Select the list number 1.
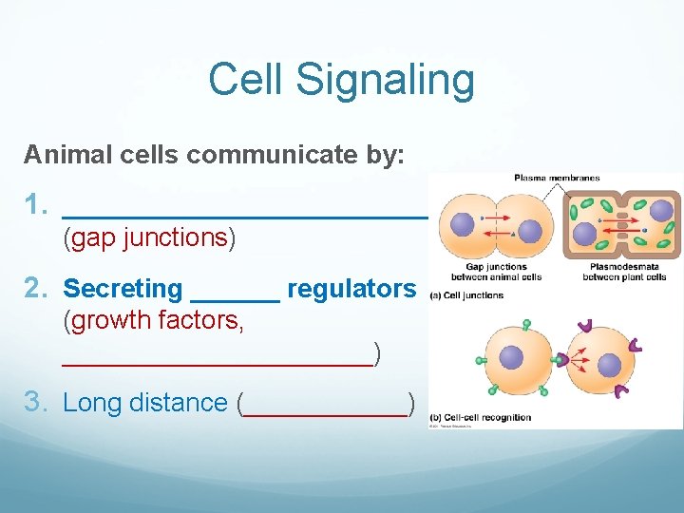coord(35,204)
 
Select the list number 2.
coord(35,288)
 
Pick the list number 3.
coord(35,402)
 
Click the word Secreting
coord(123,288)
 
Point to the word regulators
coord(351,288)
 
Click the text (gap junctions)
coord(149,237)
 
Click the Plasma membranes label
coord(543,178)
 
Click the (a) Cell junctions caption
coord(467,295)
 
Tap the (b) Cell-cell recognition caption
coord(481,417)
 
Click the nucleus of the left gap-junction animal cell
coord(462,225)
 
